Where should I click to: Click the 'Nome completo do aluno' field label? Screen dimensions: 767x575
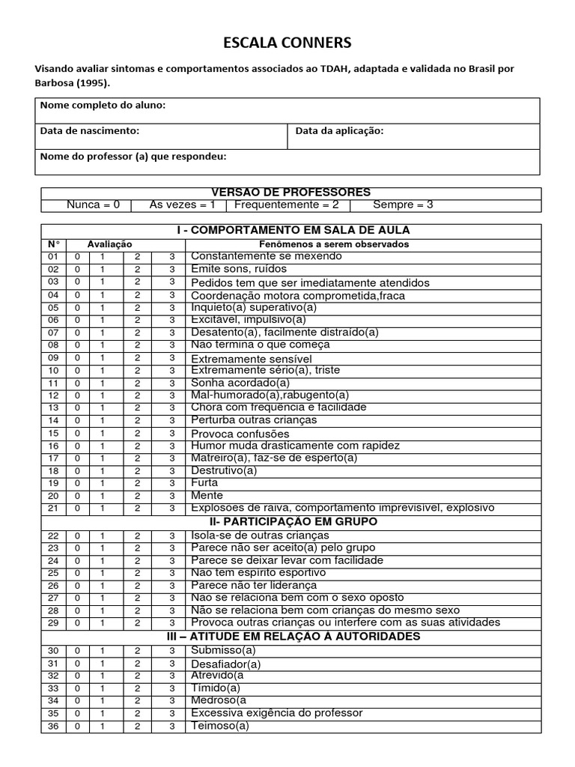(x=103, y=106)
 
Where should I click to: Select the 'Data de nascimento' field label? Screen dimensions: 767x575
(x=89, y=130)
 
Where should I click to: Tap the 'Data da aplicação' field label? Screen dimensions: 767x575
(x=339, y=130)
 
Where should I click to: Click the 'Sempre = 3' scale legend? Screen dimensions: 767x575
(x=403, y=204)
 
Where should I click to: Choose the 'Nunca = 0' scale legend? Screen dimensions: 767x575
(x=93, y=204)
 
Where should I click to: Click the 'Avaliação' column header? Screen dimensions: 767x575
(x=109, y=244)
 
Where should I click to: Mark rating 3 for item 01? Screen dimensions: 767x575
(x=171, y=256)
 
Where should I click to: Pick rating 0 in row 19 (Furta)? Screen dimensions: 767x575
(x=76, y=483)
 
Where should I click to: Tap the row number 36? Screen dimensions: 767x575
(x=53, y=727)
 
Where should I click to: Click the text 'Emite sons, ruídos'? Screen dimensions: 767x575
(x=239, y=269)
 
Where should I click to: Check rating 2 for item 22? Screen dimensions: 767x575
(x=138, y=535)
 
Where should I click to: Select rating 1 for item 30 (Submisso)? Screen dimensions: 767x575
(x=104, y=650)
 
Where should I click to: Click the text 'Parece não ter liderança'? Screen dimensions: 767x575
(x=254, y=585)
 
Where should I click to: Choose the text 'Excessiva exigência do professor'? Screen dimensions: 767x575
(x=276, y=713)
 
